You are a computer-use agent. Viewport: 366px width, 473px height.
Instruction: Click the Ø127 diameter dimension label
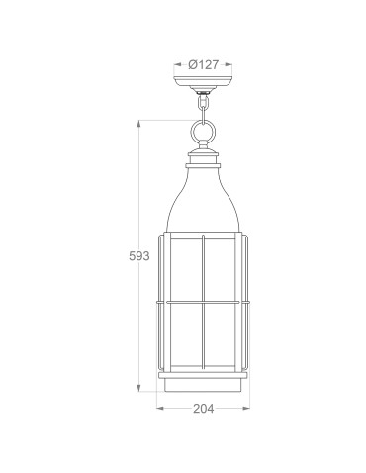[204, 64]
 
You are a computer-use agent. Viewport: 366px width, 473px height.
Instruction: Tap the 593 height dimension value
[139, 256]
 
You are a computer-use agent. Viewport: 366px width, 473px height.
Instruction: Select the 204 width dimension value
[202, 406]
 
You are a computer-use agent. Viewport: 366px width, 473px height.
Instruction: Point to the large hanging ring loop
[203, 131]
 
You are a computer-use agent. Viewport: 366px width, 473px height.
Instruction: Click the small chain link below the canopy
[203, 102]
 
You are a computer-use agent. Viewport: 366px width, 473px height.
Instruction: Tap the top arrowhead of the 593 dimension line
[139, 124]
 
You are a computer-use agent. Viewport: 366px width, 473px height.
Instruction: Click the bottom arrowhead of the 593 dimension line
[139, 389]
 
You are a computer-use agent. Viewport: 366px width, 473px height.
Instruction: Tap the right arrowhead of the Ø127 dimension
[229, 64]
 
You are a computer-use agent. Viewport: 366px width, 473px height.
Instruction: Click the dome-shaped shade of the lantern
[203, 198]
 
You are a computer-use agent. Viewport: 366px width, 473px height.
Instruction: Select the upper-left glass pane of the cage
[185, 267]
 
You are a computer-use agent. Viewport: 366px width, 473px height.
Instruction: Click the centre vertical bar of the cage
[203, 297]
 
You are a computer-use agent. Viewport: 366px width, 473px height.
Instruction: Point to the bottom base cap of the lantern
[203, 381]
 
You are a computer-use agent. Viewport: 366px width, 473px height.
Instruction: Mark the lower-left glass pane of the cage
[185, 334]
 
